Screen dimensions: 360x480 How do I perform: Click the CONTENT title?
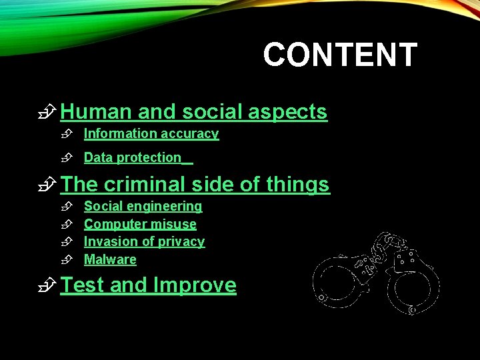click(340, 55)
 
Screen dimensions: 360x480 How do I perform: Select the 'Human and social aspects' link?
click(193, 112)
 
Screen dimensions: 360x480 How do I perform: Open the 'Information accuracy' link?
click(151, 134)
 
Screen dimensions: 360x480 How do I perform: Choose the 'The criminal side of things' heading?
click(195, 185)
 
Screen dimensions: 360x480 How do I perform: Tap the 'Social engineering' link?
click(143, 207)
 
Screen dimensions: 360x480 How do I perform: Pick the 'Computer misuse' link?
click(140, 225)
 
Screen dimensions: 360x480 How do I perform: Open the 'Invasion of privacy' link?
click(144, 242)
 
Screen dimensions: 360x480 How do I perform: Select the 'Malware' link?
click(110, 260)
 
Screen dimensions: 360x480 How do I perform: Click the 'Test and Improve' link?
click(148, 285)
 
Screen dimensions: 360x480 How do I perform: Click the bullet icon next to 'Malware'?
click(66, 260)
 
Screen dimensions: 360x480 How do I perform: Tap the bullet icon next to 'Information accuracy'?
click(66, 134)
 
